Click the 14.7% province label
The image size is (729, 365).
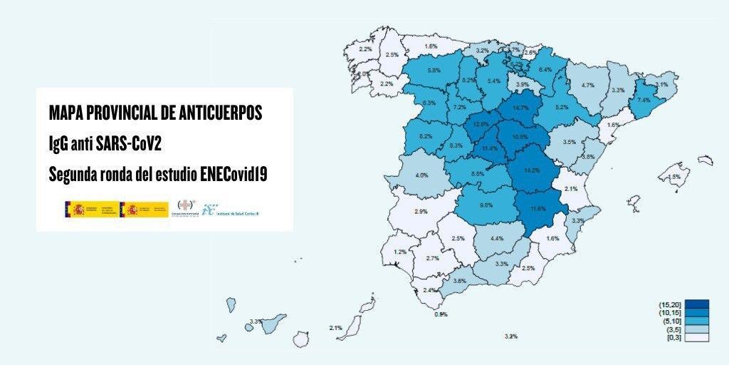(x=520, y=108)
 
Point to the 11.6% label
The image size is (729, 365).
(x=538, y=208)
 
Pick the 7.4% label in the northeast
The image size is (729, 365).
(x=644, y=101)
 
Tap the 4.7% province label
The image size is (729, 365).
(x=588, y=86)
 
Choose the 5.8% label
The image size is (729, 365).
(x=434, y=71)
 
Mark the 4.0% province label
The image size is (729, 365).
(x=421, y=175)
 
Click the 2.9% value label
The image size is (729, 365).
(x=421, y=212)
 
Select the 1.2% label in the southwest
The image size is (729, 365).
(x=400, y=252)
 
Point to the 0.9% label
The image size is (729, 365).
(x=441, y=314)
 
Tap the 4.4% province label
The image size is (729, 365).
(x=497, y=238)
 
